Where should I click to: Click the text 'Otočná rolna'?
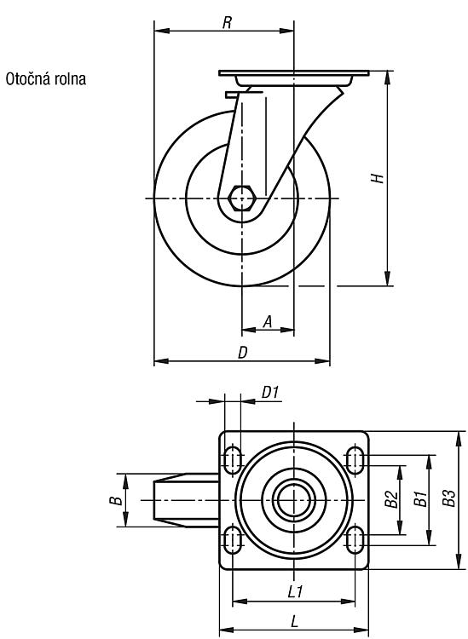(x=46, y=78)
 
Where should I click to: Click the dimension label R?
(x=227, y=23)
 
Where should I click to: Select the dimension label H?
(x=378, y=178)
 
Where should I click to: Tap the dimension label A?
(x=268, y=321)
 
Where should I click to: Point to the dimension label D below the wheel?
(x=243, y=353)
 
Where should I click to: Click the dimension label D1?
(x=270, y=393)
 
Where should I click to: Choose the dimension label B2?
(x=391, y=499)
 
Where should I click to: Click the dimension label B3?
(x=449, y=498)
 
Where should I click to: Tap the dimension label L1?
(x=295, y=592)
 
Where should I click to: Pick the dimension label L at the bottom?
(x=294, y=621)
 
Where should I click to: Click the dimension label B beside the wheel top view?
(x=116, y=500)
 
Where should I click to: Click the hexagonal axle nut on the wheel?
(x=242, y=199)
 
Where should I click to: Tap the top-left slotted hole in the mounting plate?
(x=233, y=460)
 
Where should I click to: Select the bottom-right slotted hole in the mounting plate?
(x=355, y=539)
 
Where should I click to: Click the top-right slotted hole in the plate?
(x=355, y=460)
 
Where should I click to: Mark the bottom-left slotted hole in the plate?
(x=233, y=539)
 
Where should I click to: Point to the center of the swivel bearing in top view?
(x=294, y=500)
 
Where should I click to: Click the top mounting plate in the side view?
(x=294, y=73)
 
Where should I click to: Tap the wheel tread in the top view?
(x=187, y=500)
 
